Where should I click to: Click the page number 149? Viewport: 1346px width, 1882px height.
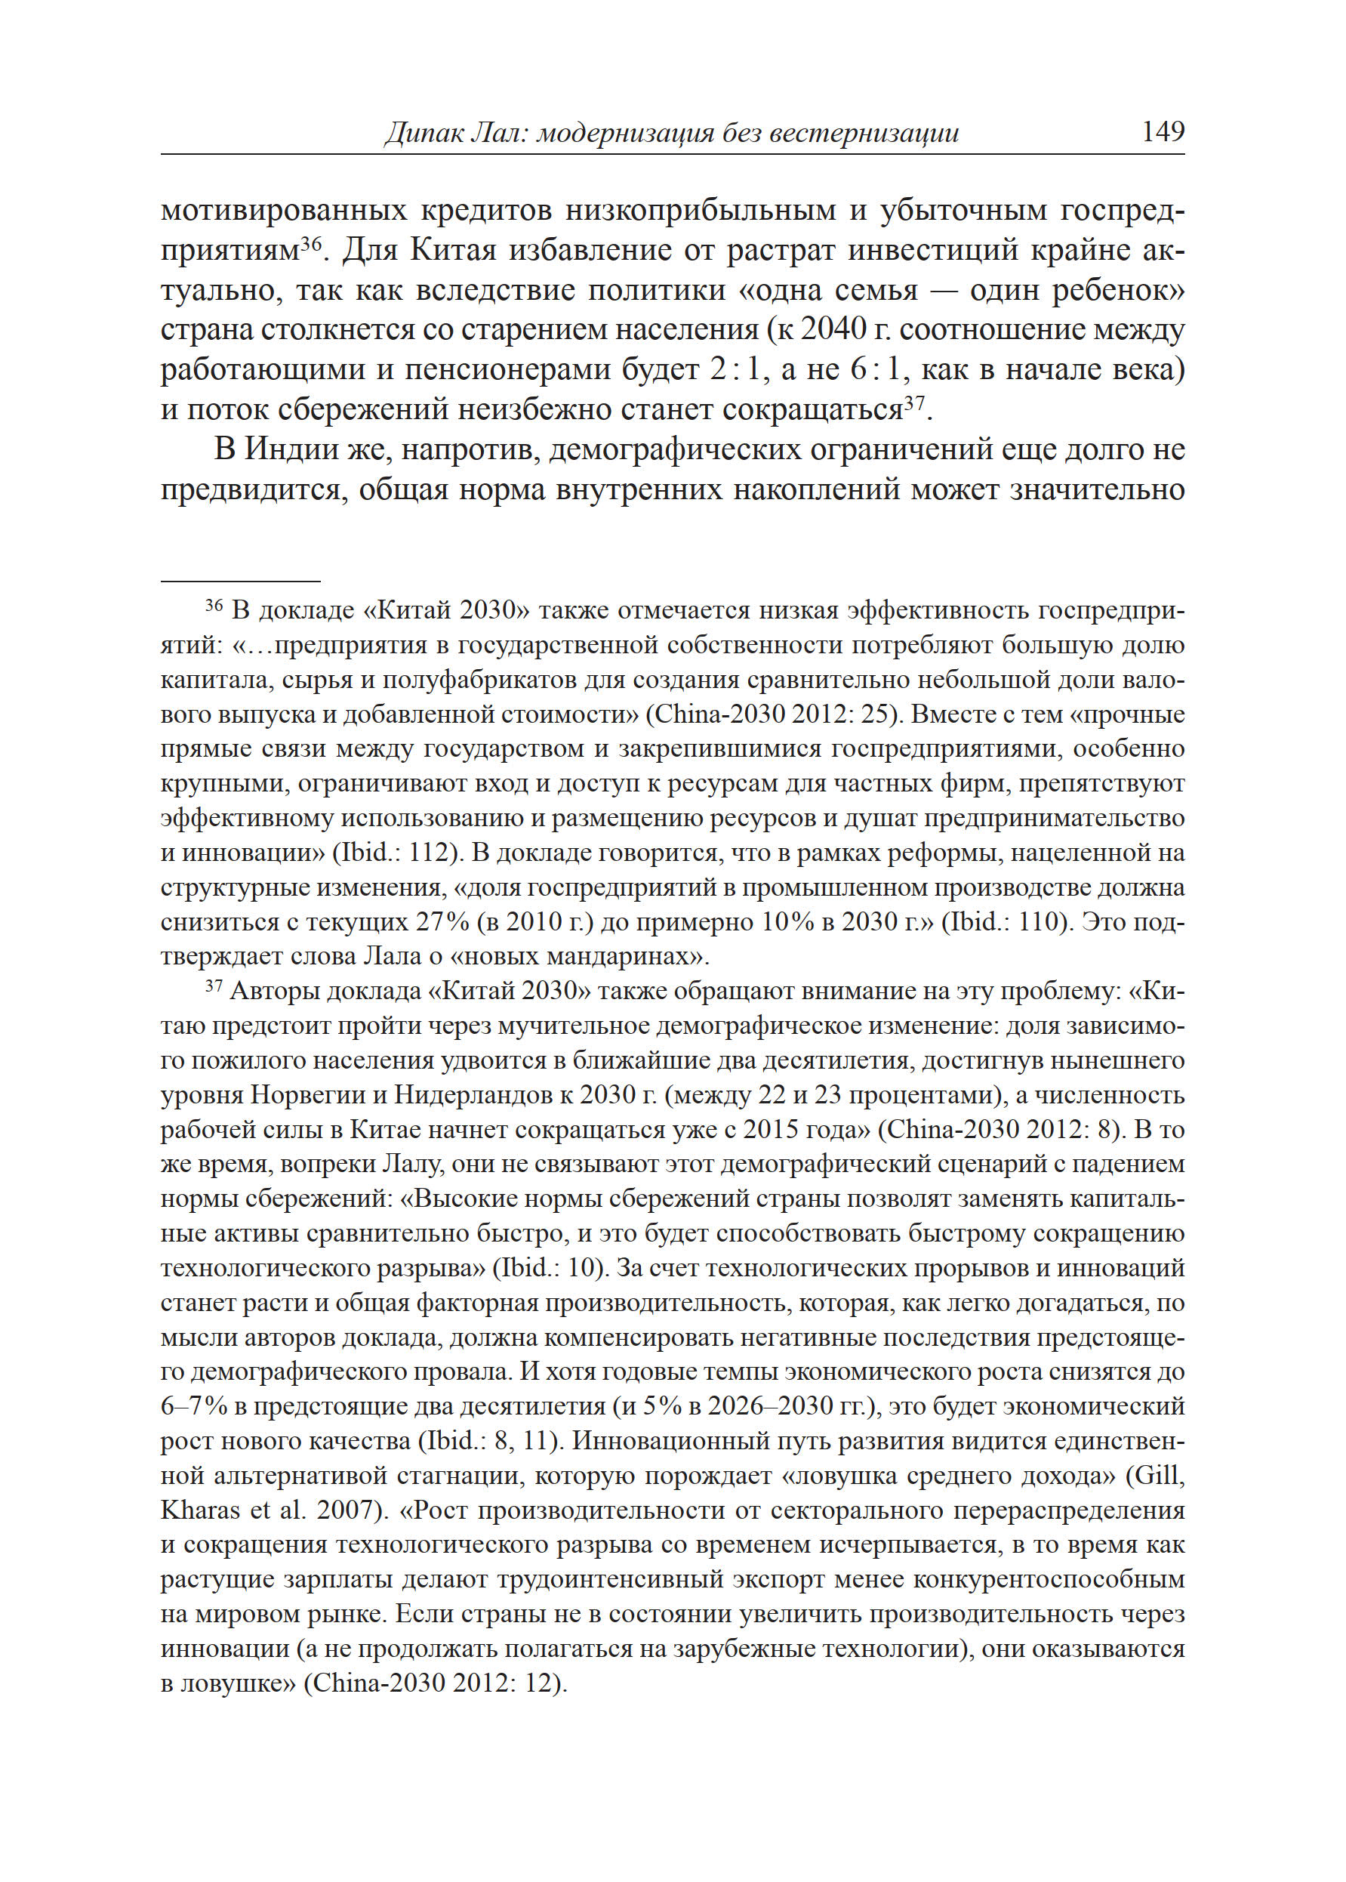coord(1162,131)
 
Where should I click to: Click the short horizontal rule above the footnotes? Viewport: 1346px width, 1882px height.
coord(240,582)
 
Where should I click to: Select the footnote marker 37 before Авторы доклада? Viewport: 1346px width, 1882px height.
coord(214,986)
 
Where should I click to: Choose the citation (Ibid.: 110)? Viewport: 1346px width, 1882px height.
coord(1004,922)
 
